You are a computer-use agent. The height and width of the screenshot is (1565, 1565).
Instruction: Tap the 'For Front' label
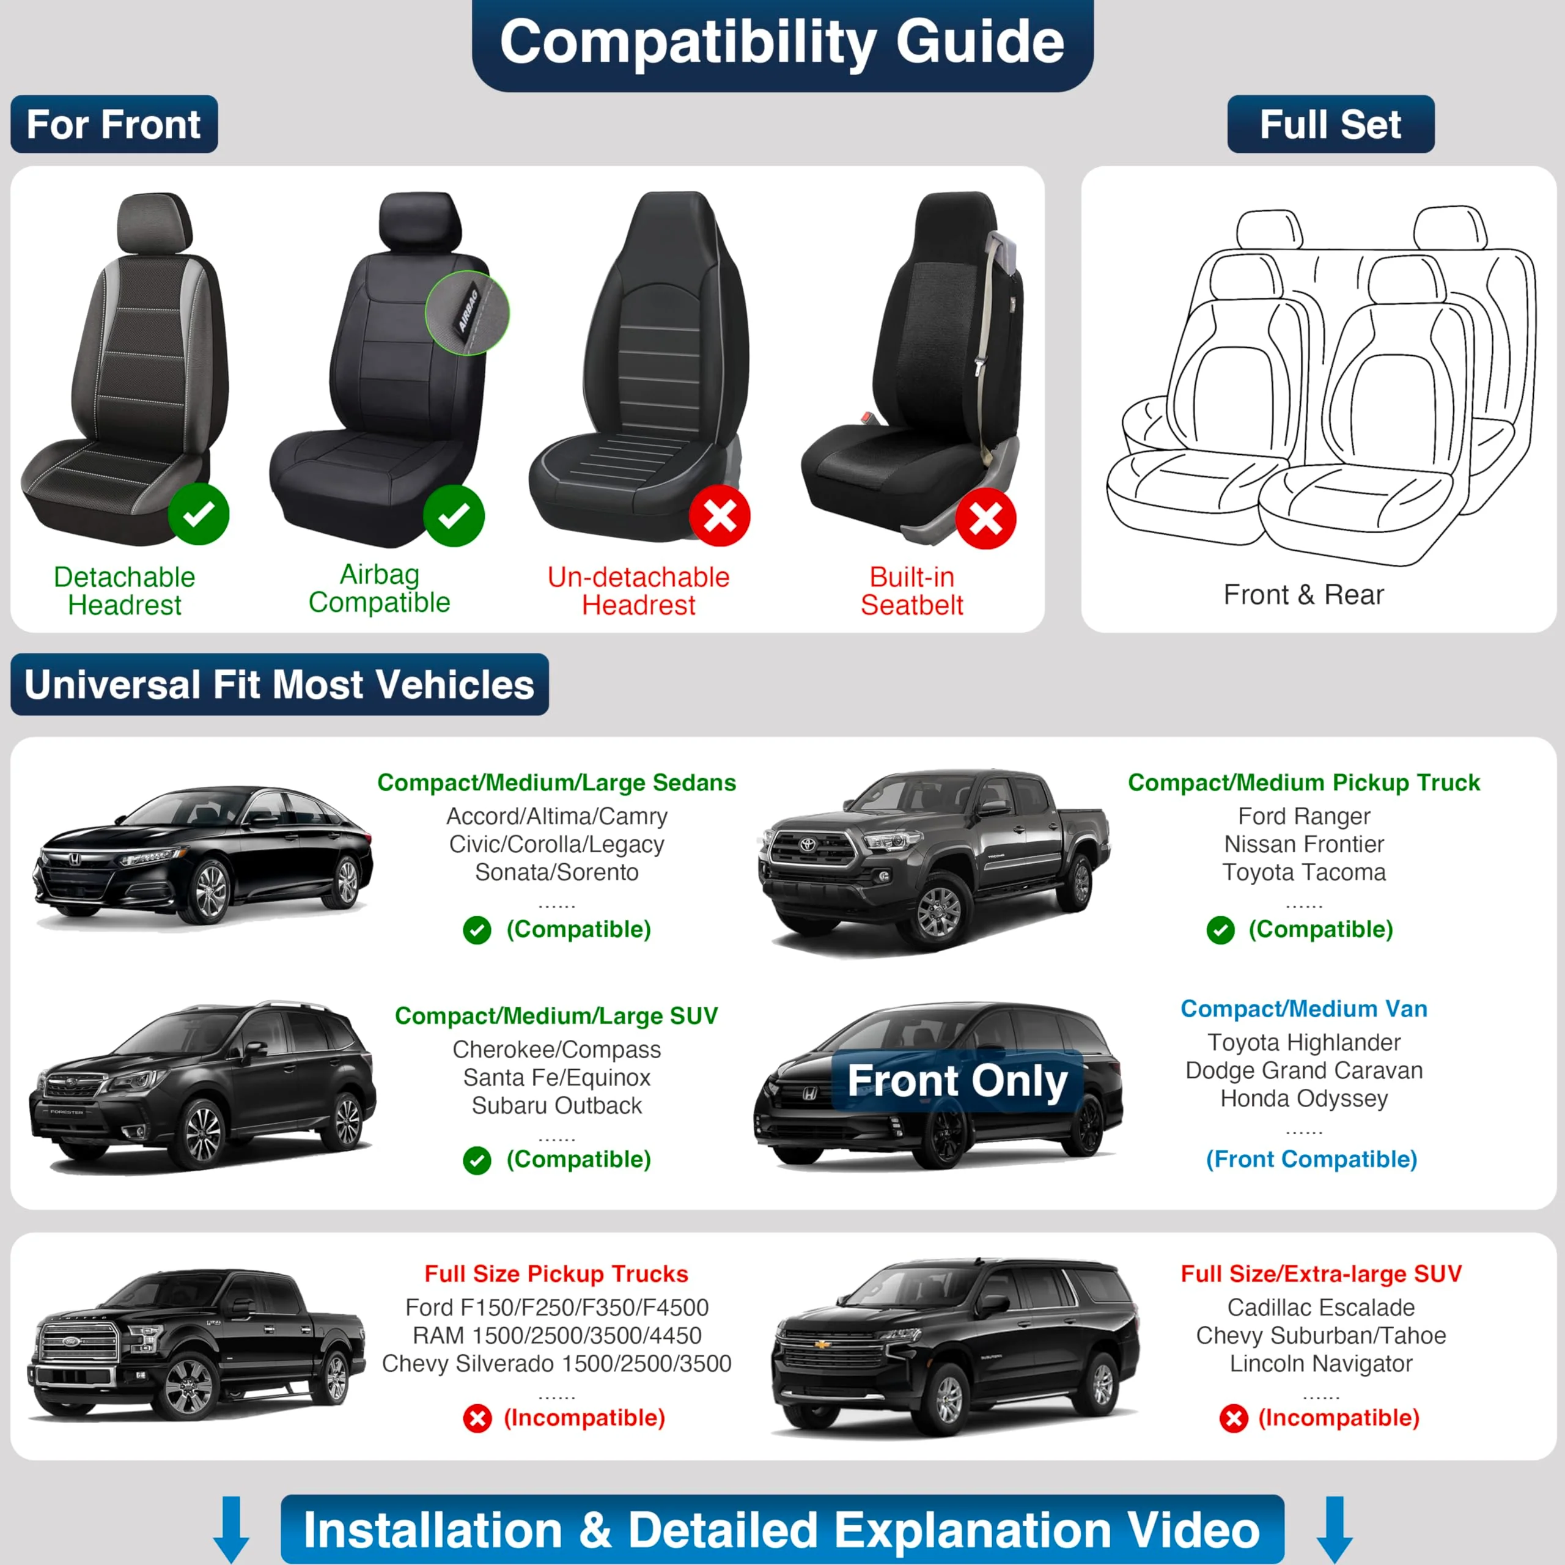114,125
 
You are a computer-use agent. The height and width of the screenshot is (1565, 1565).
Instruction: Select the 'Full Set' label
1330,125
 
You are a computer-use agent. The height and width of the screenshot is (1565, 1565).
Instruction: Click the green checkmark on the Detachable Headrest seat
199,514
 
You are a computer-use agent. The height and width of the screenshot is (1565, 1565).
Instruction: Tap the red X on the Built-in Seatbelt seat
986,518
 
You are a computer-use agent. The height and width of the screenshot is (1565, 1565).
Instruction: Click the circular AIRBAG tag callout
468,312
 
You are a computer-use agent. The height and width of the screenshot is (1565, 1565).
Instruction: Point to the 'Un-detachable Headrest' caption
638,591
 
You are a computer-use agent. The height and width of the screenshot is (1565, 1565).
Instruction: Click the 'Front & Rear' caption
1303,595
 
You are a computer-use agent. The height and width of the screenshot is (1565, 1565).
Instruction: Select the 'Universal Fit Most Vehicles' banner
279,685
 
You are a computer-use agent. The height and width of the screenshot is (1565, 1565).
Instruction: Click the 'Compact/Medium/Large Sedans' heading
556,782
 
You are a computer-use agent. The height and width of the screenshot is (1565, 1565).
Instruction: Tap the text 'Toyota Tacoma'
1303,872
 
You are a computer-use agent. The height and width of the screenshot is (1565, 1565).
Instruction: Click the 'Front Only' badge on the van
957,1081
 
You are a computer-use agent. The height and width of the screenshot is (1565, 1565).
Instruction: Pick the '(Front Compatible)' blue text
1311,1159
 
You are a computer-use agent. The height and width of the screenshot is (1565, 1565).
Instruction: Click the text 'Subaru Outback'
556,1106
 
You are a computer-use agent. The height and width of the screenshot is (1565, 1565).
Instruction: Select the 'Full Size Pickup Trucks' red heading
556,1274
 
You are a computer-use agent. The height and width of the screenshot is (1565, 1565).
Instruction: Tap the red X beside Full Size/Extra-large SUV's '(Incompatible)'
1234,1418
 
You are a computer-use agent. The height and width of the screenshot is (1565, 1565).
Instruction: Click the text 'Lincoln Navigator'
1320,1364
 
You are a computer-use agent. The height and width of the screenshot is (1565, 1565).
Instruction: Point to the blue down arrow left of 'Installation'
231,1527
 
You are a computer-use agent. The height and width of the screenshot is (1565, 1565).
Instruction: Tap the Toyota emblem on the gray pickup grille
808,845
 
